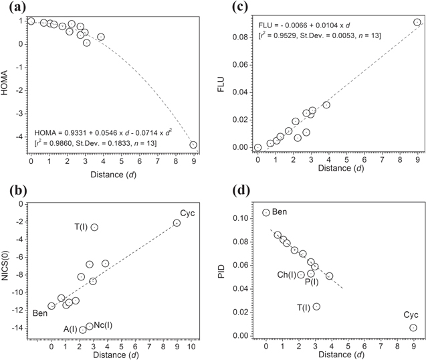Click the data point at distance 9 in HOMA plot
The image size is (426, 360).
point(193,145)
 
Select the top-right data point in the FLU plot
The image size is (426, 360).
point(417,22)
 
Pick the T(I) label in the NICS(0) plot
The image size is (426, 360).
point(81,228)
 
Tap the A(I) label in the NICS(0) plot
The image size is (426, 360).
point(70,329)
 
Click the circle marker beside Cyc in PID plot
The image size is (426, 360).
point(413,328)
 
